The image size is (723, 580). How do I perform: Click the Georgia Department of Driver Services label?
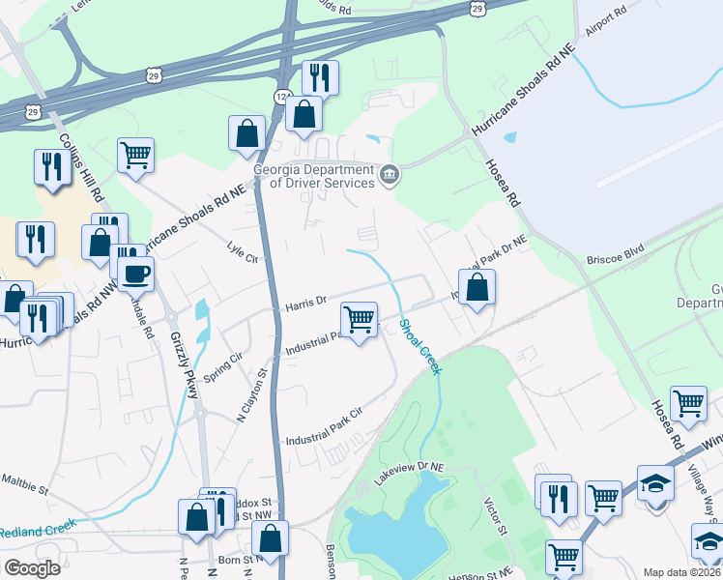click(313, 175)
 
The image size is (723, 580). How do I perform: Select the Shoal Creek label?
click(421, 347)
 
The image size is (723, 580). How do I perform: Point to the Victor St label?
click(494, 516)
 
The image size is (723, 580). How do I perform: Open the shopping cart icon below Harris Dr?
click(359, 318)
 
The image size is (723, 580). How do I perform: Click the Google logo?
click(31, 567)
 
